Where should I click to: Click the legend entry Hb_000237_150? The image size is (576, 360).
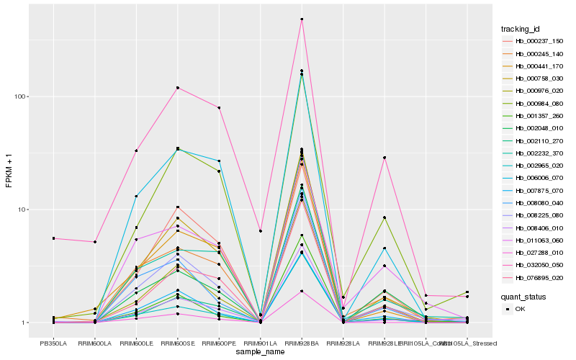tap(534, 41)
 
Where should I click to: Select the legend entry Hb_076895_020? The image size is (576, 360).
tap(534, 277)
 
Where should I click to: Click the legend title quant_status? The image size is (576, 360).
tap(525, 296)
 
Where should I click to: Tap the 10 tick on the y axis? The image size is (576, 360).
tap(23, 210)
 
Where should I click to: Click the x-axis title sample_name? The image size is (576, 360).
tap(261, 352)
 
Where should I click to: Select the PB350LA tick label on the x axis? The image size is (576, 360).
tap(53, 343)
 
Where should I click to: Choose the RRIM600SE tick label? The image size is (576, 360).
tap(177, 343)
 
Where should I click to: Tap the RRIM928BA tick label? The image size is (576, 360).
tap(302, 343)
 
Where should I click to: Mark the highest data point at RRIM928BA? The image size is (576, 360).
tap(302, 19)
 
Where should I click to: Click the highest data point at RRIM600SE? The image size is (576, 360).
tap(177, 88)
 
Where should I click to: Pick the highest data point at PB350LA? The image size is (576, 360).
tap(53, 238)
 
